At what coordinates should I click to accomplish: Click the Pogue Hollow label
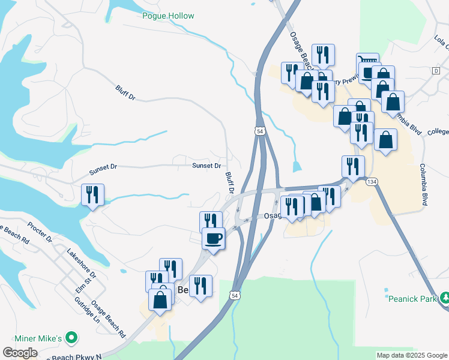coord(167,16)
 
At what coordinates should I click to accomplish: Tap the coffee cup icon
coord(213,238)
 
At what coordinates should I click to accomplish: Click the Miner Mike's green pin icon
coord(72,339)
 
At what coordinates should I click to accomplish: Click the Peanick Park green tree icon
coord(445,297)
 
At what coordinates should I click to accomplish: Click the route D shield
coord(435,71)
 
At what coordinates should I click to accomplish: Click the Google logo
coord(20,353)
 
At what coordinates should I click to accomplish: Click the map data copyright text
coord(411,355)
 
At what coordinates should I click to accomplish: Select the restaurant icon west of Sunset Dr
coord(92,194)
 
